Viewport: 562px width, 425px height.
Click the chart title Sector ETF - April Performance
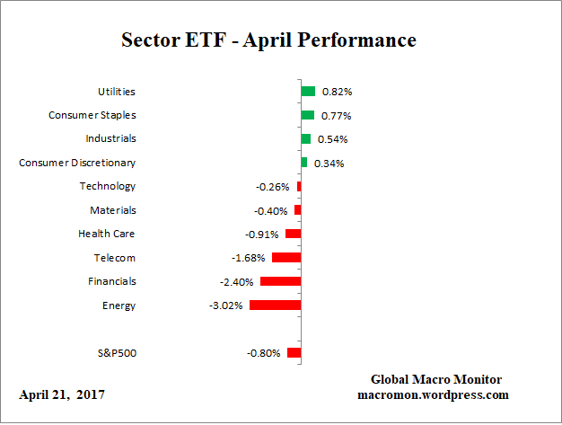coord(268,41)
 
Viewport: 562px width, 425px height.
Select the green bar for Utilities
coord(308,92)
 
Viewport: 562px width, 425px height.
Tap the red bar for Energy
coord(275,305)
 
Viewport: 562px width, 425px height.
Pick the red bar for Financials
coord(280,281)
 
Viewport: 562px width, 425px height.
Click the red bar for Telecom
coord(285,258)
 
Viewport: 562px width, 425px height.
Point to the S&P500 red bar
coord(294,353)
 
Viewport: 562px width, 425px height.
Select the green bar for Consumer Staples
coord(307,115)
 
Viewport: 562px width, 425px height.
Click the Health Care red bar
coord(293,234)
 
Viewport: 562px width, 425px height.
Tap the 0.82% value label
coord(337,93)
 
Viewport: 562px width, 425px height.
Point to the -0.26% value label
coord(272,187)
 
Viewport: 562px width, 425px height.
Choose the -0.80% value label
coord(264,353)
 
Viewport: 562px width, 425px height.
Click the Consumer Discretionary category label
coord(77,163)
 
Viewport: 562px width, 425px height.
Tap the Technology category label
coord(107,186)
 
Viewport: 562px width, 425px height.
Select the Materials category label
coord(112,210)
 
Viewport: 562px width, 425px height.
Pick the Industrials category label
coord(110,139)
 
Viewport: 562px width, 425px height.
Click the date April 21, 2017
coord(62,394)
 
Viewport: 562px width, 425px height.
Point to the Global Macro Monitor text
coord(436,379)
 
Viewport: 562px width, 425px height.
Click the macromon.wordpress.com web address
coord(434,394)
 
